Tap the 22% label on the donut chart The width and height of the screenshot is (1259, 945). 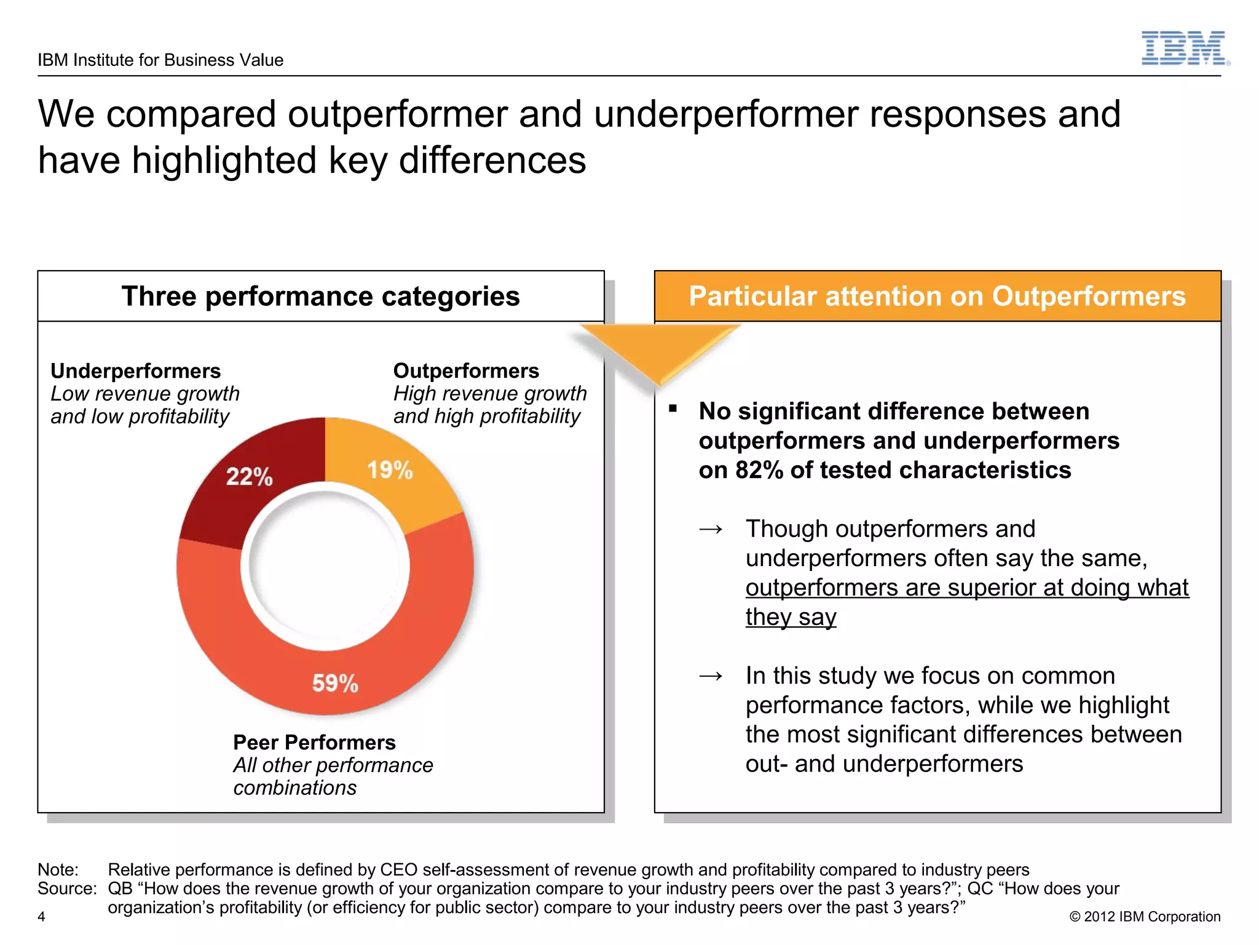(249, 476)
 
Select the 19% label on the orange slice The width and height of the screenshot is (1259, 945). (390, 470)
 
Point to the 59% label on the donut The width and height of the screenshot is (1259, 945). (335, 683)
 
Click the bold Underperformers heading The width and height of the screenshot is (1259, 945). (135, 371)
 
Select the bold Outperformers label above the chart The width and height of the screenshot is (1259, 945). (466, 371)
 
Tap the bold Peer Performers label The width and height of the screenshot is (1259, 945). (314, 743)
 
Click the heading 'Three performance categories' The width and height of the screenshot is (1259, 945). (320, 297)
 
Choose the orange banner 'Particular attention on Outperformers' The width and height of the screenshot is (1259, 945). (937, 297)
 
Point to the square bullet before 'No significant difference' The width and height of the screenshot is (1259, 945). (673, 409)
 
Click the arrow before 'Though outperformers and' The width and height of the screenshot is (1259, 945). (711, 529)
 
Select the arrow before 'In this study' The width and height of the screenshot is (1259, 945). (711, 676)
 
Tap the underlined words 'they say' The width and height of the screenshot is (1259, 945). (791, 617)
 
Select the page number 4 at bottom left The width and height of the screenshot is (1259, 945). (41, 917)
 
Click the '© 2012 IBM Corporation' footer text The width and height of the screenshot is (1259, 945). (1145, 917)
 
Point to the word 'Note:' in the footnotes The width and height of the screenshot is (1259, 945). (58, 870)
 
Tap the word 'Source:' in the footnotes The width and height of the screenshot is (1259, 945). (67, 889)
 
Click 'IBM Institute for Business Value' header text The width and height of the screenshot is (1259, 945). (160, 60)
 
